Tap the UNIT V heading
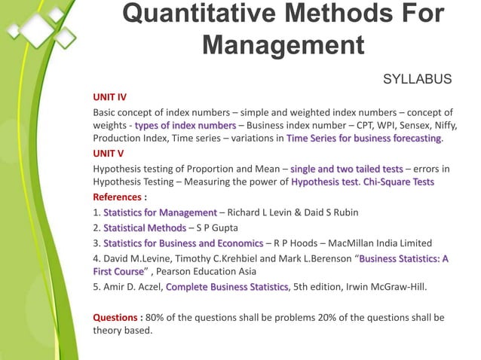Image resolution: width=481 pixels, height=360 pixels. point(108,153)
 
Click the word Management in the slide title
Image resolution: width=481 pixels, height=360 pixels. point(283,44)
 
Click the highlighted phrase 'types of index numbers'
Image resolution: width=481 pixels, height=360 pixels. point(185,125)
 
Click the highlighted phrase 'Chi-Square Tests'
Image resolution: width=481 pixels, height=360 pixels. point(398,182)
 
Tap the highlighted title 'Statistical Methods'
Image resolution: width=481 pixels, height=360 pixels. point(144,227)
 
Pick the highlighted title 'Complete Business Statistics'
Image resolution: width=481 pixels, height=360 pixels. point(227,287)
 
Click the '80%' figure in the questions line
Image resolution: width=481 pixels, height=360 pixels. point(155,316)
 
